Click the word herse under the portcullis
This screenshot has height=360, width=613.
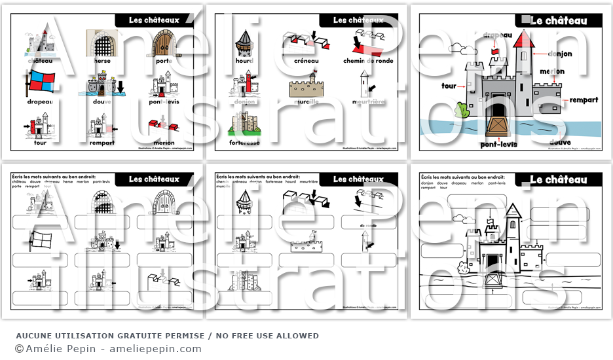[102, 60]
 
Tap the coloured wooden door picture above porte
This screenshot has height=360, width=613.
[164, 42]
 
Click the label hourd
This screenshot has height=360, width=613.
[244, 60]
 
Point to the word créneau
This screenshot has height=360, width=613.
[306, 60]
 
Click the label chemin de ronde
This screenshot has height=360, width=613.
[367, 60]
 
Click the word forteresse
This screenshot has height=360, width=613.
[244, 143]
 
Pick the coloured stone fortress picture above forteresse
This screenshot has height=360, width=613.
[244, 123]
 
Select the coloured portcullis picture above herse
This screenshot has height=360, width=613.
[102, 42]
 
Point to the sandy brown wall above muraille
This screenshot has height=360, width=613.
[306, 86]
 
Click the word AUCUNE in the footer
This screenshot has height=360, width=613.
[33, 336]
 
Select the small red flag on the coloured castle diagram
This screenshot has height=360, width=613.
[496, 51]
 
